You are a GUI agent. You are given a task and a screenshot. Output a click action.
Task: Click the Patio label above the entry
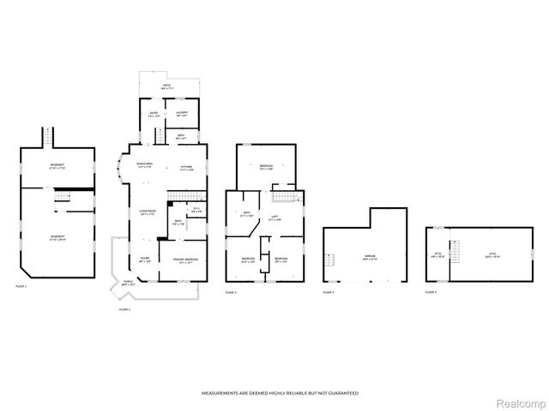(x=166, y=86)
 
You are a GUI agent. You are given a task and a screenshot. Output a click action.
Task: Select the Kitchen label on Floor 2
(x=186, y=167)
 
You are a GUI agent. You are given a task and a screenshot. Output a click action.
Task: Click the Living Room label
(x=148, y=213)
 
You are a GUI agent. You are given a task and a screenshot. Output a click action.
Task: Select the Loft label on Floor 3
(x=274, y=218)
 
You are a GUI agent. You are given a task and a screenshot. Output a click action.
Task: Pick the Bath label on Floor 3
(x=246, y=215)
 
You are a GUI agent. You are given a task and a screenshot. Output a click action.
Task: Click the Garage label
(x=369, y=258)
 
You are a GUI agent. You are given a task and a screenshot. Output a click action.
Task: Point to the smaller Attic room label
(x=439, y=254)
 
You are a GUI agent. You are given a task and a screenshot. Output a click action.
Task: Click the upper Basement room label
(x=58, y=166)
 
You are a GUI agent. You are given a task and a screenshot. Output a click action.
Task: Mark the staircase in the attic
(x=456, y=254)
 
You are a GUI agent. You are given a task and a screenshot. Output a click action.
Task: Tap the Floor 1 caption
(x=21, y=286)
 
